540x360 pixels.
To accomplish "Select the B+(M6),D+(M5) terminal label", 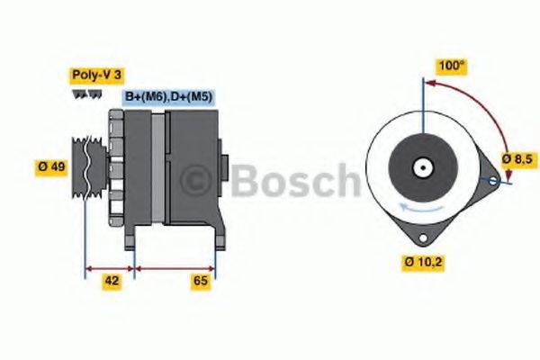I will point(167,96).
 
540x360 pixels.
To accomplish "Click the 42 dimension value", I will point(112,281).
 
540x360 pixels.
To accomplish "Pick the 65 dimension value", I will point(201,281).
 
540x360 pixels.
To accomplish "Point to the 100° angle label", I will point(451,67).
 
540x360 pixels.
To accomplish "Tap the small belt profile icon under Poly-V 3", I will point(81,94).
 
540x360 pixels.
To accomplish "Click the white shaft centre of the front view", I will point(420,167).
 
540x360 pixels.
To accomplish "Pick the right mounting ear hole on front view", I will point(492,181).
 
